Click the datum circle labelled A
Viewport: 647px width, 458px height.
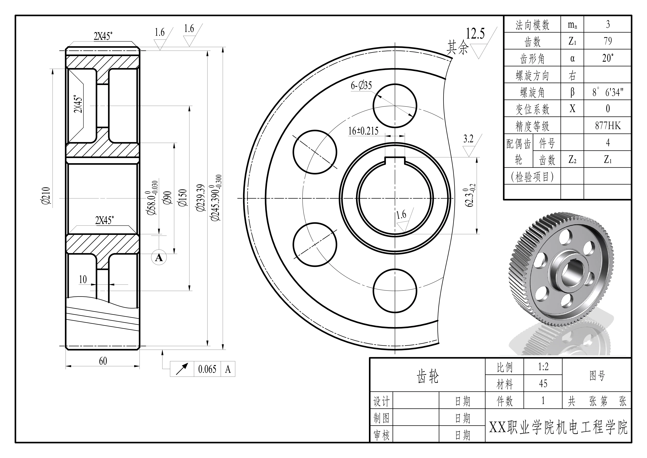(159, 257)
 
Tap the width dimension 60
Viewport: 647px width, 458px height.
(103, 361)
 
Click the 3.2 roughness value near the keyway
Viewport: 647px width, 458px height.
(468, 139)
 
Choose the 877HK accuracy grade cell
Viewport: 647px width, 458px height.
(608, 125)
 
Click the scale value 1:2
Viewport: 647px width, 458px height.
(543, 367)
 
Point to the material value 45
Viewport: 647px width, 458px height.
(543, 384)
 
